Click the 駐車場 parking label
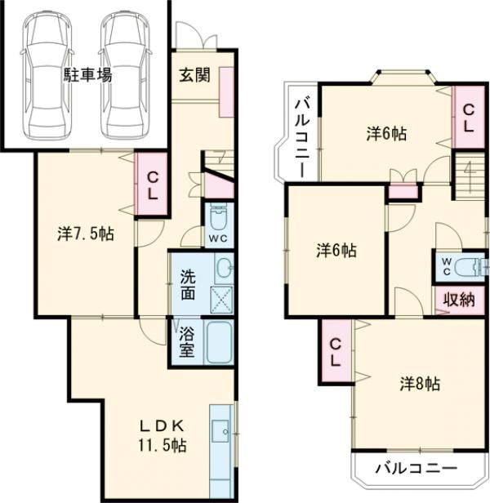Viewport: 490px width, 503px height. coord(87,75)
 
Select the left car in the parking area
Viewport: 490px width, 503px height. coord(47,76)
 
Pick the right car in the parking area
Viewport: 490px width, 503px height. coord(126,76)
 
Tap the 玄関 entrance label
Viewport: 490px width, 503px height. coord(194,75)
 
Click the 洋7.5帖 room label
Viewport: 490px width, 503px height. coord(86,234)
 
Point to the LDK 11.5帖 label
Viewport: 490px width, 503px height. coord(163,436)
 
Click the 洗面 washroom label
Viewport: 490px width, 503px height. coord(188,285)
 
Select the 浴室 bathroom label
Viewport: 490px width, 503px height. coord(187,341)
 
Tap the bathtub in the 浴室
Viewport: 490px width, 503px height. coord(219,343)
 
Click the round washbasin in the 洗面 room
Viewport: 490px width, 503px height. coord(225,267)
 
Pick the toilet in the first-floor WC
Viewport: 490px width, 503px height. coord(219,216)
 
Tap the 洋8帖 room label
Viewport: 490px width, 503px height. coord(420,383)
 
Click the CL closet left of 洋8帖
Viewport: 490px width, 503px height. coord(336,352)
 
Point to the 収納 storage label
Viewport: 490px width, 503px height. coord(459,300)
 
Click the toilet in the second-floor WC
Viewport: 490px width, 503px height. coord(470,266)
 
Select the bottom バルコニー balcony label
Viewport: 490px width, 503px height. coord(416,469)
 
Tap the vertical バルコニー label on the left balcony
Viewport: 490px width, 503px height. coord(303,138)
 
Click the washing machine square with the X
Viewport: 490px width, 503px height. coord(221,300)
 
